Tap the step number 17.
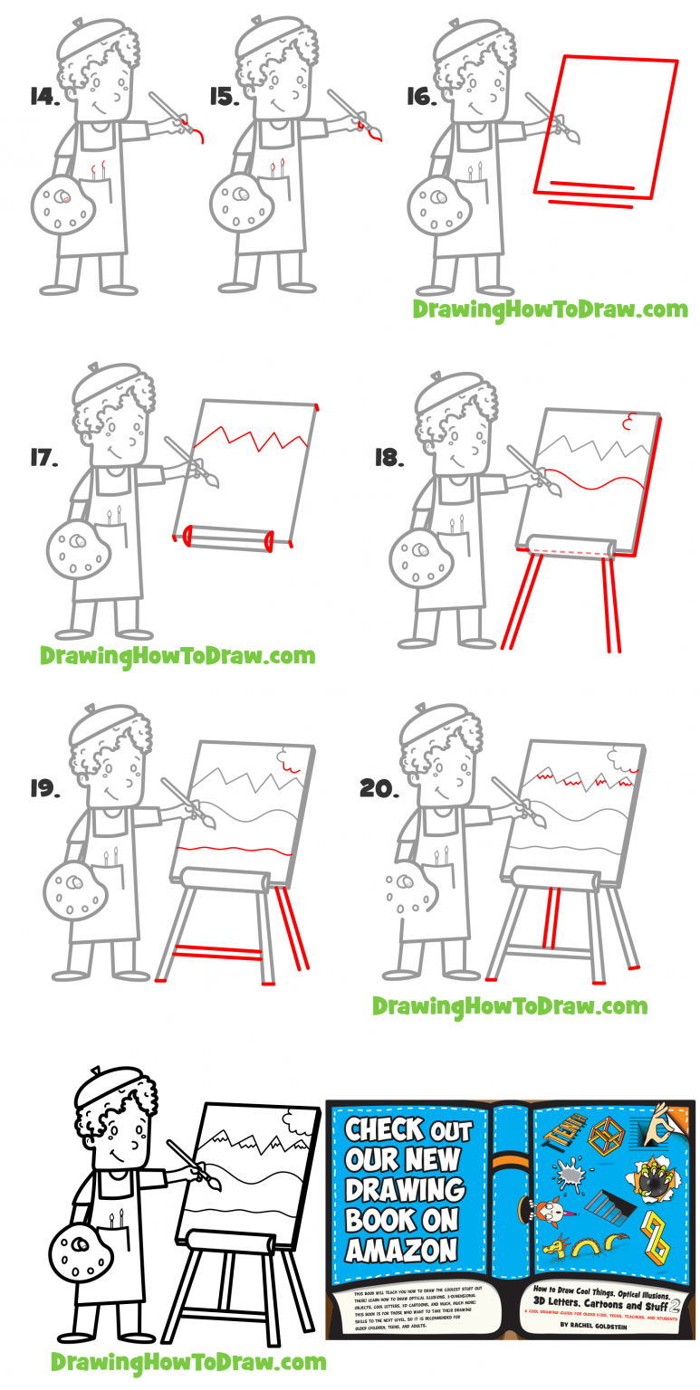[x=43, y=458]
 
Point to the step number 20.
[x=379, y=789]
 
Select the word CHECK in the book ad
[x=383, y=1130]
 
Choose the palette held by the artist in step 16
[x=439, y=209]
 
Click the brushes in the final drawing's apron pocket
[x=116, y=1219]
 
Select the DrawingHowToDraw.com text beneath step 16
[x=550, y=309]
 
